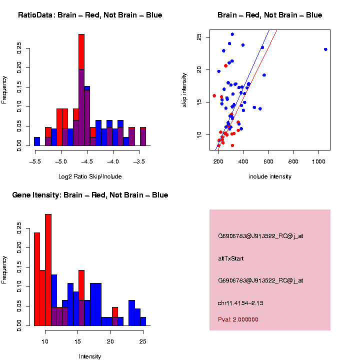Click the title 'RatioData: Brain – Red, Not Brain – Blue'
tap(90, 15)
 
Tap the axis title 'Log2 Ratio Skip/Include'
tap(89, 176)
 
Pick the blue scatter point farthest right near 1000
tap(325, 49)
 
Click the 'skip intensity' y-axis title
tap(184, 89)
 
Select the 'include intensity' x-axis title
tap(270, 176)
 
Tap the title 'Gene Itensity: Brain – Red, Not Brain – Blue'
tap(90, 195)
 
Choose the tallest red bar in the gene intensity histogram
tap(48, 270)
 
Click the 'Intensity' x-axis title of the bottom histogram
tap(90, 356)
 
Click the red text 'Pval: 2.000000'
tap(241, 319)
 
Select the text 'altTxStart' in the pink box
tap(231, 258)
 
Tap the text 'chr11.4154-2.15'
tap(240, 303)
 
